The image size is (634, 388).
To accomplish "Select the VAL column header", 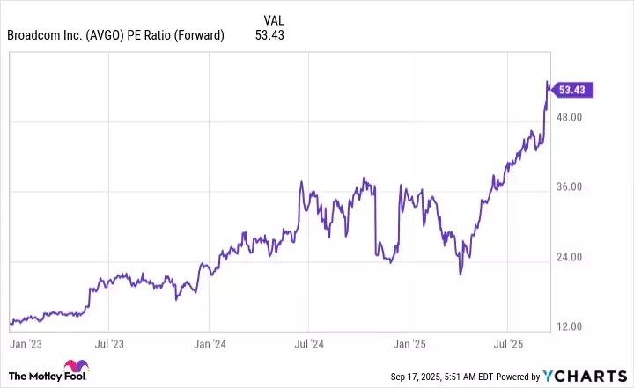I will pyautogui.click(x=274, y=19).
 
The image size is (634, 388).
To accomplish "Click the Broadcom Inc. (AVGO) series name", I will pyautogui.click(x=115, y=35).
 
